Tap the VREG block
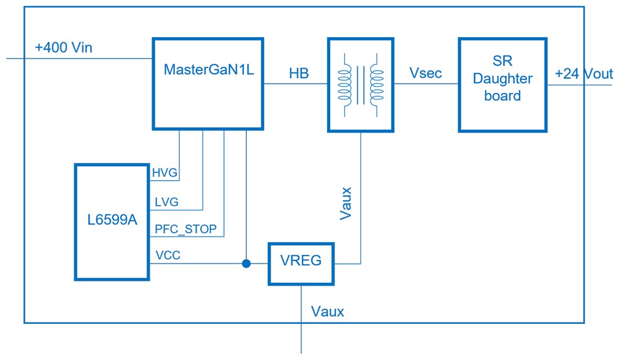pyautogui.click(x=300, y=263)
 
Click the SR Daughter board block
pyautogui.click(x=502, y=85)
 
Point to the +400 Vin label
pyautogui.click(x=64, y=48)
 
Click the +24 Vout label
pyautogui.click(x=583, y=74)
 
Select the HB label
pyautogui.click(x=299, y=73)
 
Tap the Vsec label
pyautogui.click(x=426, y=73)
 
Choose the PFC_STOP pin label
pyautogui.click(x=185, y=229)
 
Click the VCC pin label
pyautogui.click(x=168, y=255)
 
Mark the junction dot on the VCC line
pyautogui.click(x=246, y=263)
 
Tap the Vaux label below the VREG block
pyautogui.click(x=327, y=312)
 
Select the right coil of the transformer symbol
pyautogui.click(x=377, y=85)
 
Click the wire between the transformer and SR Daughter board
pyautogui.click(x=426, y=85)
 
